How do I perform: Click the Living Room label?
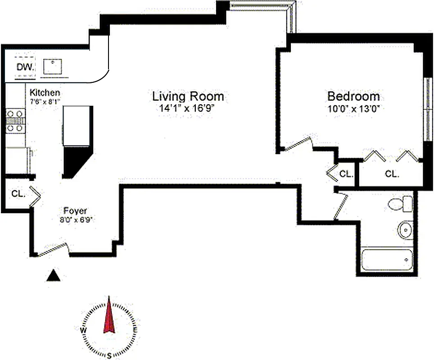188,96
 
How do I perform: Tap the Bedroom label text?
353,96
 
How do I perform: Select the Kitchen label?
45,92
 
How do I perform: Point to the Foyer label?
75,211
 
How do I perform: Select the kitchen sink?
53,67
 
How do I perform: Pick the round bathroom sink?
405,230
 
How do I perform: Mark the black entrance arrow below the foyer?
54,275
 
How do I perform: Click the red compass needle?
109,317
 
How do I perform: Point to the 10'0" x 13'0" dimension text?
353,108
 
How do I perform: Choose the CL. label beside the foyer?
18,194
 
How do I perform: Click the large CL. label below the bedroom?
392,174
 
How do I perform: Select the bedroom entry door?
297,144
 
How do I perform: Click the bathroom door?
341,207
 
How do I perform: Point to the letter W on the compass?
83,330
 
